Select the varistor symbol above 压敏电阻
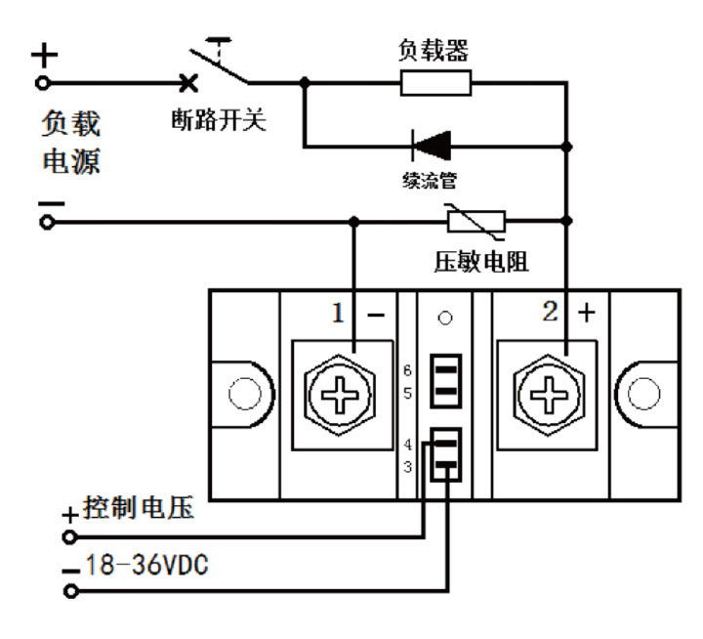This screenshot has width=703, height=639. pyautogui.click(x=475, y=222)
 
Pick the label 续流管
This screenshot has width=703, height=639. pyautogui.click(x=431, y=182)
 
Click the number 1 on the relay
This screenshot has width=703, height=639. pyautogui.click(x=337, y=314)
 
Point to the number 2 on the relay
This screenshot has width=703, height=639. pyautogui.click(x=550, y=314)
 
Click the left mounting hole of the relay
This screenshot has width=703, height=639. pyautogui.click(x=243, y=393)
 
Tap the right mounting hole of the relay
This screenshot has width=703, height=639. pyautogui.click(x=648, y=393)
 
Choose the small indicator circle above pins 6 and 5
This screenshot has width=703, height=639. pyautogui.click(x=446, y=318)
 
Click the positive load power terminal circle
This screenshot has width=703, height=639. pyautogui.click(x=43, y=84)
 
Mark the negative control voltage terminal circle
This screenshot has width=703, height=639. pyautogui.click(x=69, y=591)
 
